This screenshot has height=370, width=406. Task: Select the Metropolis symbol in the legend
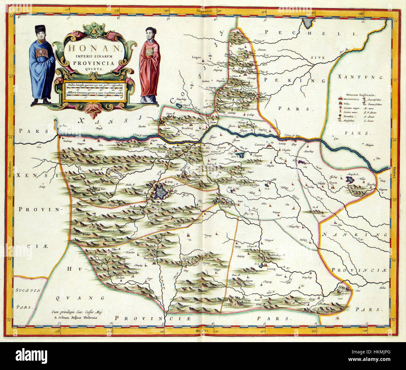(340, 99)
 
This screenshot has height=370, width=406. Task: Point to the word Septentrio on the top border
(205, 11)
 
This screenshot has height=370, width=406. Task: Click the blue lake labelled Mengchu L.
(349, 180)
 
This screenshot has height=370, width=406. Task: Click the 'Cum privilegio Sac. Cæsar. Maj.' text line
(78, 312)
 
